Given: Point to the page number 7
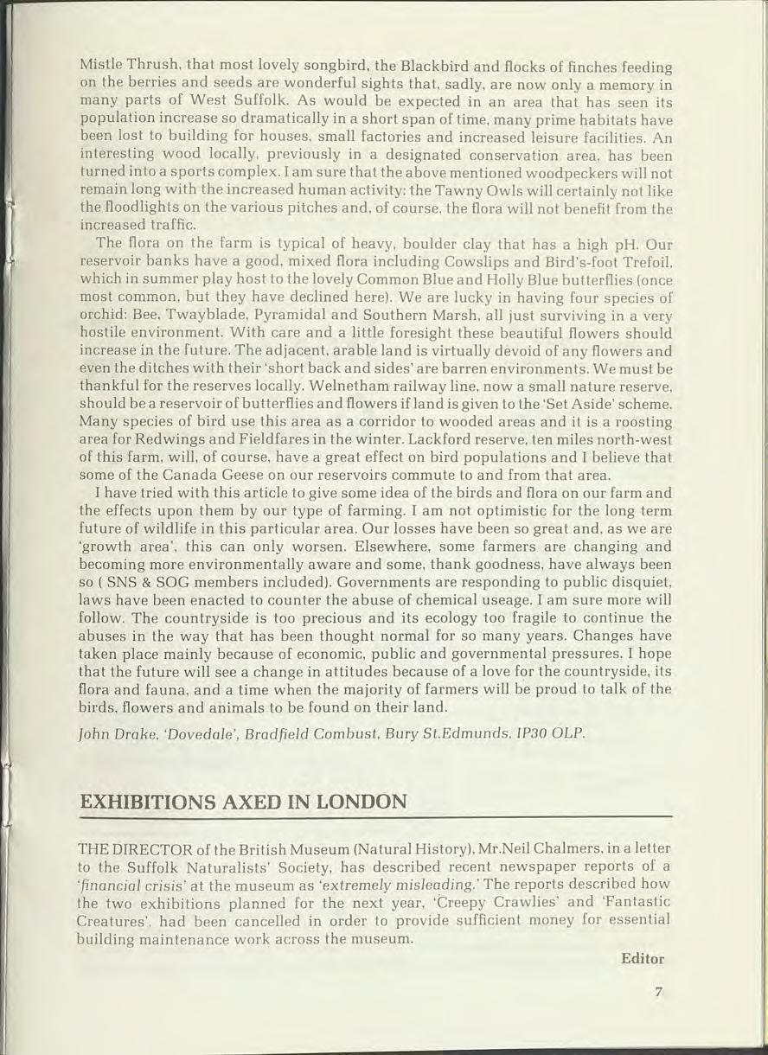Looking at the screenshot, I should point(658,993).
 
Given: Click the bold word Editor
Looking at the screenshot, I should point(642,958).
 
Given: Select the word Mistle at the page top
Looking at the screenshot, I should point(100,67).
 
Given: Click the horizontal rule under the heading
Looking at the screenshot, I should point(375,815).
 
